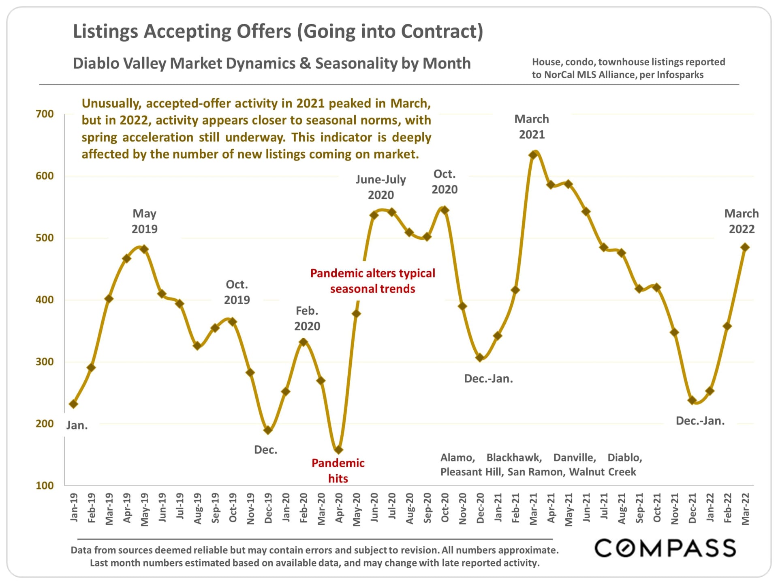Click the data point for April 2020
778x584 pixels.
click(x=338, y=450)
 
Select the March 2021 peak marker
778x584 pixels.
click(x=533, y=155)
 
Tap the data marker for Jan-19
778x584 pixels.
click(x=73, y=404)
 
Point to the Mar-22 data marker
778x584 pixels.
click(x=745, y=247)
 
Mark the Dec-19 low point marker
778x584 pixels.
click(x=267, y=430)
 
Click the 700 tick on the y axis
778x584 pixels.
click(x=45, y=114)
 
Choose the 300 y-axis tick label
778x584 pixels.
click(x=45, y=362)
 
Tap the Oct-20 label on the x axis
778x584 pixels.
click(x=445, y=508)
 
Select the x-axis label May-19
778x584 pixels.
click(x=144, y=509)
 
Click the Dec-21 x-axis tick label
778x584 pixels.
click(x=693, y=508)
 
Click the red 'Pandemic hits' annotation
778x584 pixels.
click(x=338, y=470)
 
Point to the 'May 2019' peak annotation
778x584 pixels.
click(x=145, y=221)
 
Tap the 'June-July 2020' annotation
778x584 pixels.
click(x=381, y=187)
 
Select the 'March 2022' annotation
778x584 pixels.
click(x=742, y=221)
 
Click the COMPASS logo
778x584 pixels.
click(x=665, y=548)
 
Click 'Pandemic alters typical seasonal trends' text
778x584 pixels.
click(x=373, y=281)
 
